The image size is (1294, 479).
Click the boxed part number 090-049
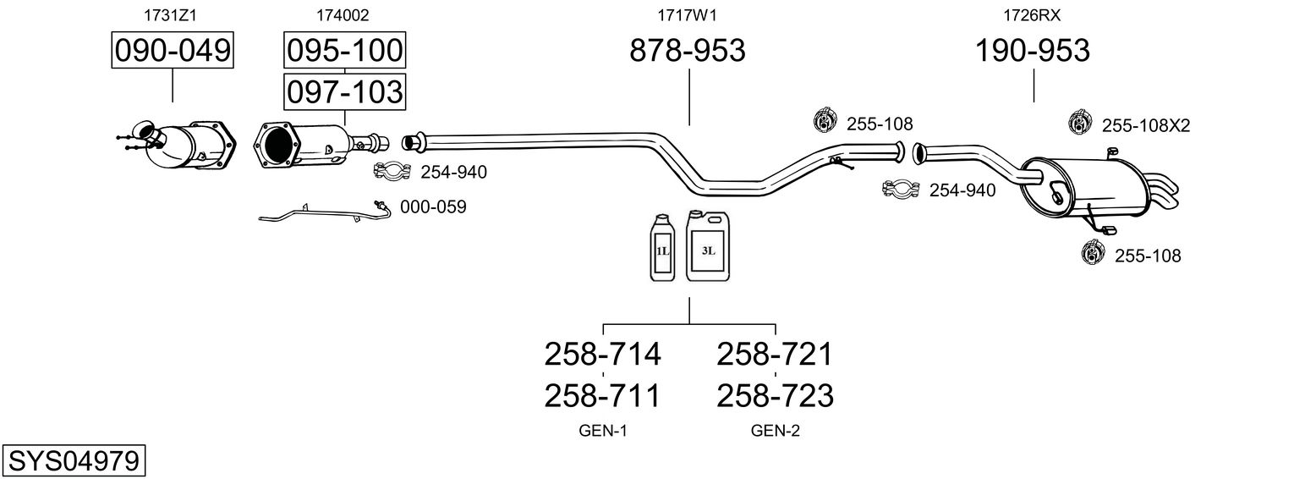(x=173, y=50)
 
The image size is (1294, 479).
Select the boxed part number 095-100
(x=345, y=50)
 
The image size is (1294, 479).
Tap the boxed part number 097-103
(x=345, y=92)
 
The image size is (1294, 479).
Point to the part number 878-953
(x=688, y=50)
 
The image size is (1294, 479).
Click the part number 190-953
(x=1033, y=50)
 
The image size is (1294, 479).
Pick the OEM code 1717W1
(x=687, y=15)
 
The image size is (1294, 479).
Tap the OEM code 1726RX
(x=1032, y=15)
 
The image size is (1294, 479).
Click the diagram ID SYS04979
(x=74, y=461)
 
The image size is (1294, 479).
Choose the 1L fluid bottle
(x=662, y=248)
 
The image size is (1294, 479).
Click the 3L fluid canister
(x=708, y=246)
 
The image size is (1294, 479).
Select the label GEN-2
(x=776, y=431)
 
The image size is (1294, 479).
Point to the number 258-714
(x=602, y=354)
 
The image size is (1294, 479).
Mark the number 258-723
(x=776, y=396)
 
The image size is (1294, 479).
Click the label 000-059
(x=433, y=206)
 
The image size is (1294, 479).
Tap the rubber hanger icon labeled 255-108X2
(x=1078, y=122)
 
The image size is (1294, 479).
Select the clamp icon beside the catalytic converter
(x=392, y=172)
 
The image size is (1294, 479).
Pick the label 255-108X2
(x=1146, y=125)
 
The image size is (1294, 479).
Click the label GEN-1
(x=603, y=431)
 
